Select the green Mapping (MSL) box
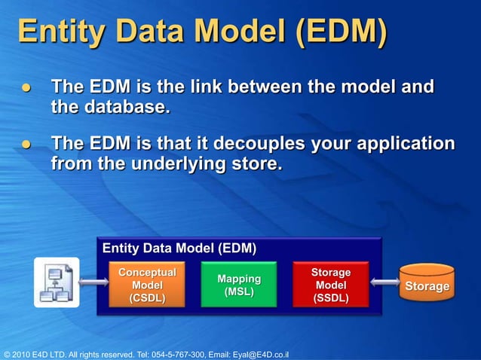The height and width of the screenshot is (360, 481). pyautogui.click(x=239, y=285)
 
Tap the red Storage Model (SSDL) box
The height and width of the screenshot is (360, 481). pyautogui.click(x=331, y=285)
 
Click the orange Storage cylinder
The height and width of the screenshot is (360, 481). pyautogui.click(x=427, y=285)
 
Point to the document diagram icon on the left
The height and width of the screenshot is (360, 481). pyautogui.click(x=57, y=282)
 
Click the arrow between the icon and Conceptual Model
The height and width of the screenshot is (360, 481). pyautogui.click(x=94, y=283)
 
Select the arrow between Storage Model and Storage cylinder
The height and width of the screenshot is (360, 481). pyautogui.click(x=384, y=284)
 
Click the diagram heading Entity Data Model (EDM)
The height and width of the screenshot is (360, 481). pyautogui.click(x=179, y=249)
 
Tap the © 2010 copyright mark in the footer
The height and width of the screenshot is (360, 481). pyautogui.click(x=19, y=354)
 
